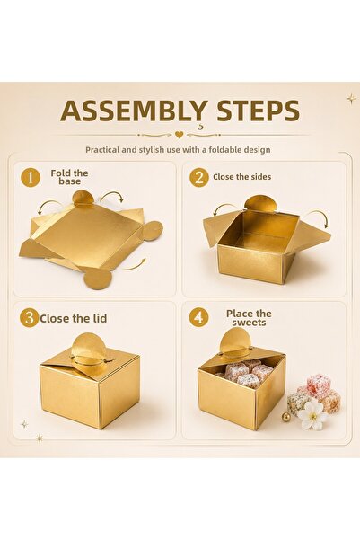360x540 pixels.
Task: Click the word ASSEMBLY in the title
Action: (134, 111)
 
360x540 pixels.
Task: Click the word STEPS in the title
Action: (259, 111)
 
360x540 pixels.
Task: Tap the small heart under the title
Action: (179, 135)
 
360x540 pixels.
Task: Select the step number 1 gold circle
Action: (31, 178)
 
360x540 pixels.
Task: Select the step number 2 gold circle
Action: (199, 178)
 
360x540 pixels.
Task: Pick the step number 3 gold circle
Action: (30, 318)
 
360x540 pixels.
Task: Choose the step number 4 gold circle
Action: (198, 317)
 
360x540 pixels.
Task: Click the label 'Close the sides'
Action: (242, 177)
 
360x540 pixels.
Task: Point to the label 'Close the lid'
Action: (74, 318)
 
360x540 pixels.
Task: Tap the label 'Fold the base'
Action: (69, 177)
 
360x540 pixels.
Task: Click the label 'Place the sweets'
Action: (249, 318)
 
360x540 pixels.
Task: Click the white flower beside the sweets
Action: (312, 415)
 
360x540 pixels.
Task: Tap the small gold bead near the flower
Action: (285, 417)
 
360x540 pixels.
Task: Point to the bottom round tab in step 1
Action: (99, 278)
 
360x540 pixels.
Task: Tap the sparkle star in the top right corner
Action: (351, 99)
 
